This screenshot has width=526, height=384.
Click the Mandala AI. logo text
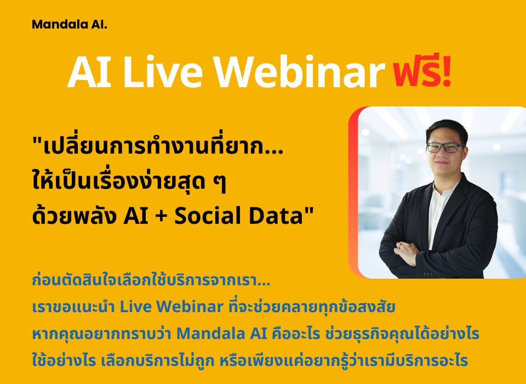(x=70, y=25)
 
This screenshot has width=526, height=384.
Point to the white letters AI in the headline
(x=89, y=72)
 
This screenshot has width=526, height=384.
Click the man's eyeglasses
(x=446, y=148)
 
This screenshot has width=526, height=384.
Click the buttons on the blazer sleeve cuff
(x=428, y=274)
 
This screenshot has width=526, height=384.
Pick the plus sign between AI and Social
(x=161, y=216)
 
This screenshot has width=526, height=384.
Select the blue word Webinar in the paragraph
(x=190, y=307)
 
